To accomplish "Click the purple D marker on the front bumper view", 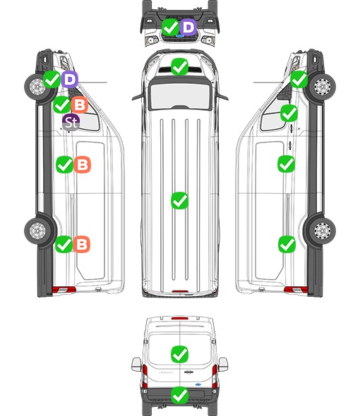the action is (188, 27).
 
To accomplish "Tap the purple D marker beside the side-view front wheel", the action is (70, 79).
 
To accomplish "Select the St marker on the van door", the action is (71, 122).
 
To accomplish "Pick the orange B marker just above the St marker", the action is (80, 105).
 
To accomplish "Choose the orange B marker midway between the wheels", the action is (82, 164).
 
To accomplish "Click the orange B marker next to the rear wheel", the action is (82, 244).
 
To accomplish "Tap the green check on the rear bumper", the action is (180, 396).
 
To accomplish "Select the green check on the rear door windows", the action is (180, 354).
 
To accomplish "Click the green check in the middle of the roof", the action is (180, 200).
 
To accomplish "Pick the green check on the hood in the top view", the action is (180, 66).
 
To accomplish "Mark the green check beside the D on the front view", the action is (171, 27).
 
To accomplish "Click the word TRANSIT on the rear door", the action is (166, 372).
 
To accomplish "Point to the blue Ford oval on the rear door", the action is (198, 384).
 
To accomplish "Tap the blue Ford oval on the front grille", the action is (180, 36).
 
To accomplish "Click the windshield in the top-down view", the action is (180, 96).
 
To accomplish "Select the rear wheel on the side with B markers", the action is (37, 231).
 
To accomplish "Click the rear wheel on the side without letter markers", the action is (322, 231).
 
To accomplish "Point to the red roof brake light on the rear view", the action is (180, 318).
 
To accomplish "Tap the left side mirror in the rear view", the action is (136, 365).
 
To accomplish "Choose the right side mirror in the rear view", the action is (223, 365).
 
